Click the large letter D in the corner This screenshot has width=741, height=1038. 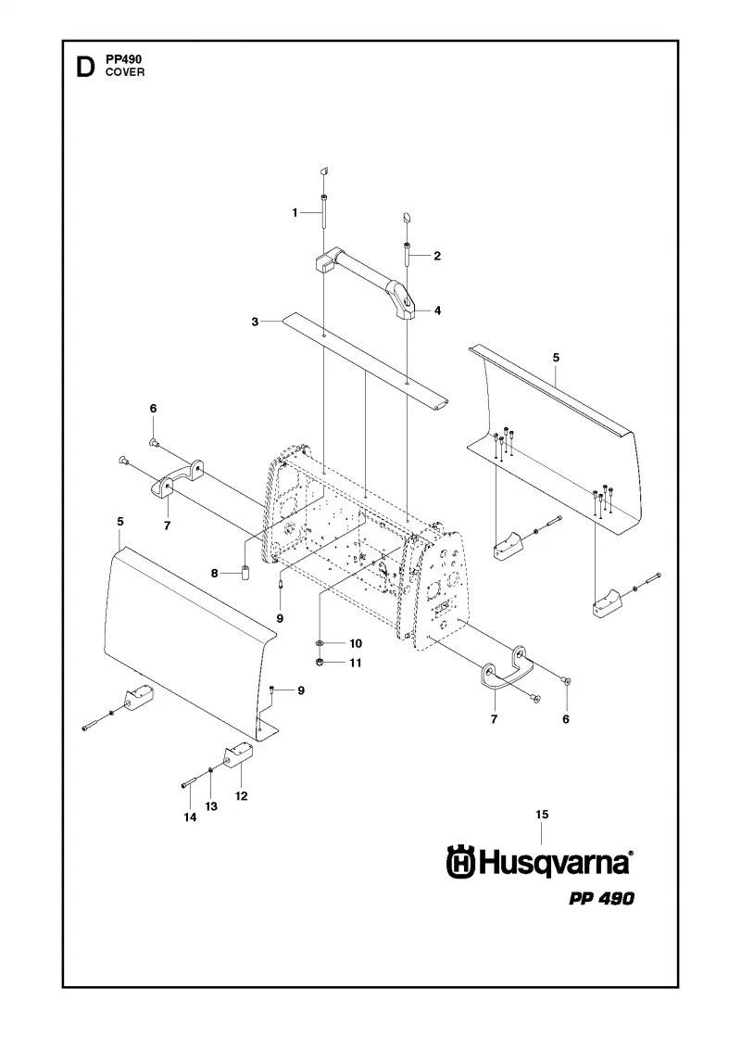tap(84, 67)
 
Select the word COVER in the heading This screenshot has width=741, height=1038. tap(125, 72)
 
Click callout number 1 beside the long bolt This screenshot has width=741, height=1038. tap(295, 212)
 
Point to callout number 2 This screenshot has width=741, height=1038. tap(437, 256)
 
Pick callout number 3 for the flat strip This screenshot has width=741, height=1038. tap(255, 322)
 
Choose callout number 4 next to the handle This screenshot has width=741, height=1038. tap(437, 310)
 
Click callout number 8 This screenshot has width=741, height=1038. tap(214, 574)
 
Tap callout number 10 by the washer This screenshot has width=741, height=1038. tap(356, 643)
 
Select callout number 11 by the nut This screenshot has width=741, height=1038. tap(356, 663)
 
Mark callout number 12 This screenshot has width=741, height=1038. tap(242, 796)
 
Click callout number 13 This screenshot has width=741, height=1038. tap(211, 806)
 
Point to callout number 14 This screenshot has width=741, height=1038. tap(190, 817)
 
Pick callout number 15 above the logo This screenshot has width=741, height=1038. tap(542, 815)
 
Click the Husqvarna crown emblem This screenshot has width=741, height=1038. tap(461, 863)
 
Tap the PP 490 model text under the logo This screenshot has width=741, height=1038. tap(601, 898)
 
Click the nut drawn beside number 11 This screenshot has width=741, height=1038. tap(320, 662)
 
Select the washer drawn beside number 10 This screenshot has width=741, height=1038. tap(320, 643)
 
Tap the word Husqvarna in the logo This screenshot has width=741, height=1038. tap(554, 864)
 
